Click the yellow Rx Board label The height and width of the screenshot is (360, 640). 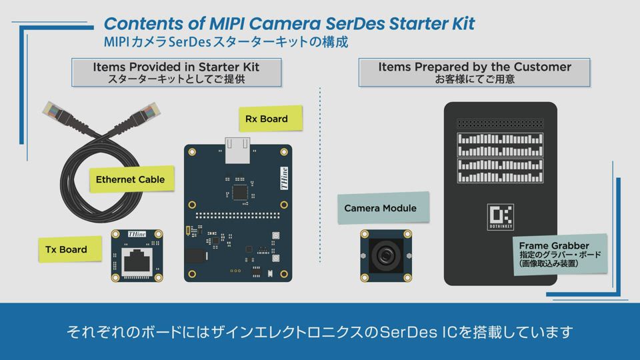pyautogui.click(x=271, y=119)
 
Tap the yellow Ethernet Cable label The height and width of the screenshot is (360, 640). pyautogui.click(x=132, y=179)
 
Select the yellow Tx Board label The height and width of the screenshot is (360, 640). pyautogui.click(x=70, y=249)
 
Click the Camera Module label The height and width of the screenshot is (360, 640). pyautogui.click(x=383, y=208)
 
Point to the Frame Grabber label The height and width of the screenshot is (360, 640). pyautogui.click(x=560, y=254)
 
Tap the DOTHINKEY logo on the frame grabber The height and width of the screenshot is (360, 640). pyautogui.click(x=501, y=217)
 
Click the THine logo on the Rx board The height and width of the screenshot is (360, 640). pyautogui.click(x=284, y=178)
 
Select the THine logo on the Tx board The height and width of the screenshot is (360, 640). pyautogui.click(x=137, y=234)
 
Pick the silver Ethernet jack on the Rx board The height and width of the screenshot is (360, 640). pyautogui.click(x=237, y=150)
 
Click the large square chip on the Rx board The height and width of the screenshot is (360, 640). pyautogui.click(x=239, y=193)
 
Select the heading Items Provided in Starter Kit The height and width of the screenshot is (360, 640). pyautogui.click(x=176, y=67)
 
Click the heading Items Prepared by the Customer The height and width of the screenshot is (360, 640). pyautogui.click(x=475, y=67)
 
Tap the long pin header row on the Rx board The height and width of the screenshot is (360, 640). pyautogui.click(x=238, y=215)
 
